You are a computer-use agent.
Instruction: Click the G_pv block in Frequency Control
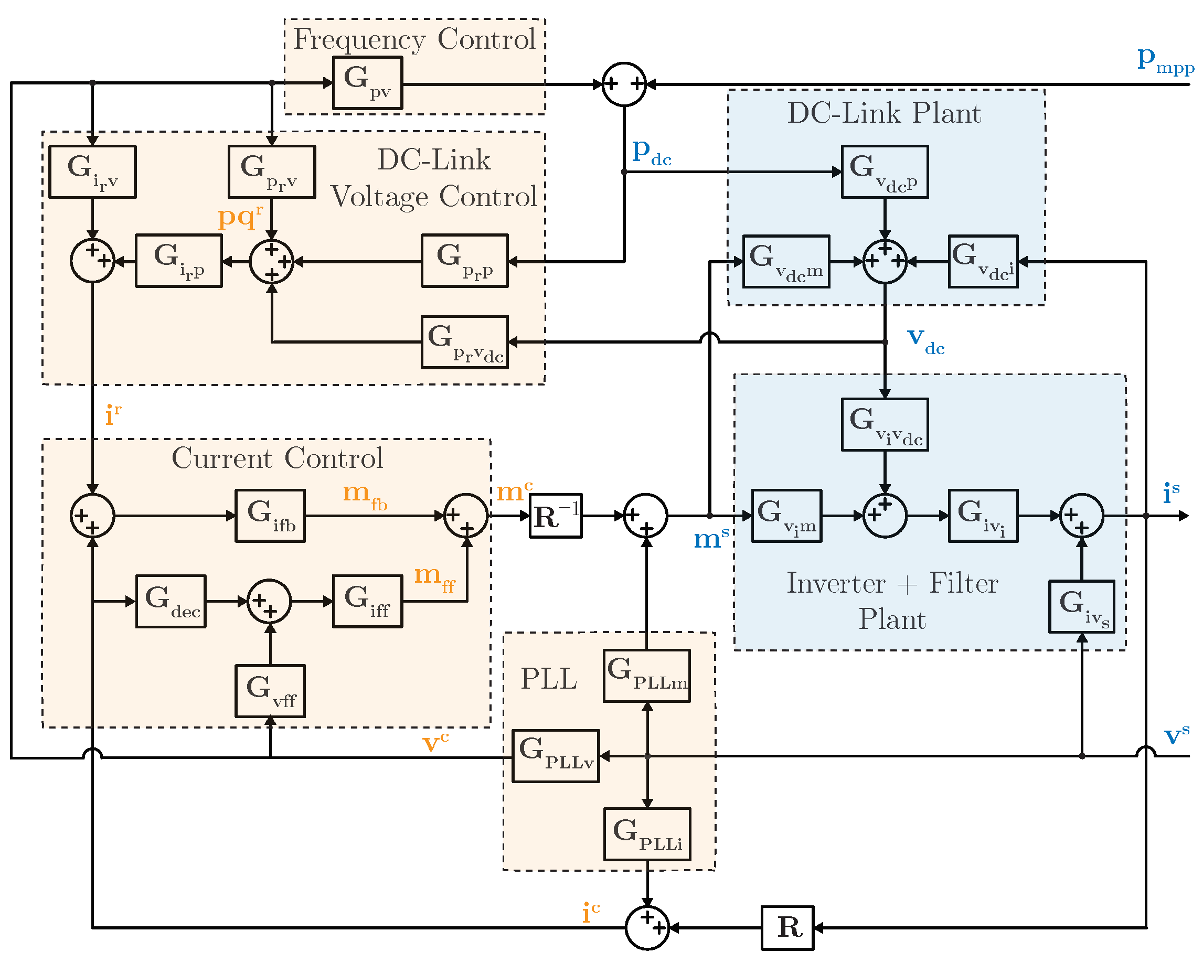(367, 82)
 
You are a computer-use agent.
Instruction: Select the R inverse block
(555, 516)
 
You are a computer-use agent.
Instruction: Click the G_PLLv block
(555, 755)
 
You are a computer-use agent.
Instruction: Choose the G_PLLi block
(647, 833)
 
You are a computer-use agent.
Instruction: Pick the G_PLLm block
(647, 675)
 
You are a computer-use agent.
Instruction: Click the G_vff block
(270, 691)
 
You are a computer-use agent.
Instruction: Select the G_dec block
(171, 601)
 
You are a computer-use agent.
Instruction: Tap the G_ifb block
(270, 516)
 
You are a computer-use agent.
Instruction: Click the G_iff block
(367, 601)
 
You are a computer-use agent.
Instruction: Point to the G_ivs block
(1081, 606)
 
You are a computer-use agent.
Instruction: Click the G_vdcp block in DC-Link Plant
(885, 172)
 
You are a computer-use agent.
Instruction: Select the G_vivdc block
(885, 424)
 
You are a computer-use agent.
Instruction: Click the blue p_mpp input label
(1164, 60)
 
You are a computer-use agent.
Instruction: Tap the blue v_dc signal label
(925, 340)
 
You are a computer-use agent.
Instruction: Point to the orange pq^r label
(240, 217)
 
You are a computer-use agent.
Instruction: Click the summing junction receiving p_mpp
(624, 84)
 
